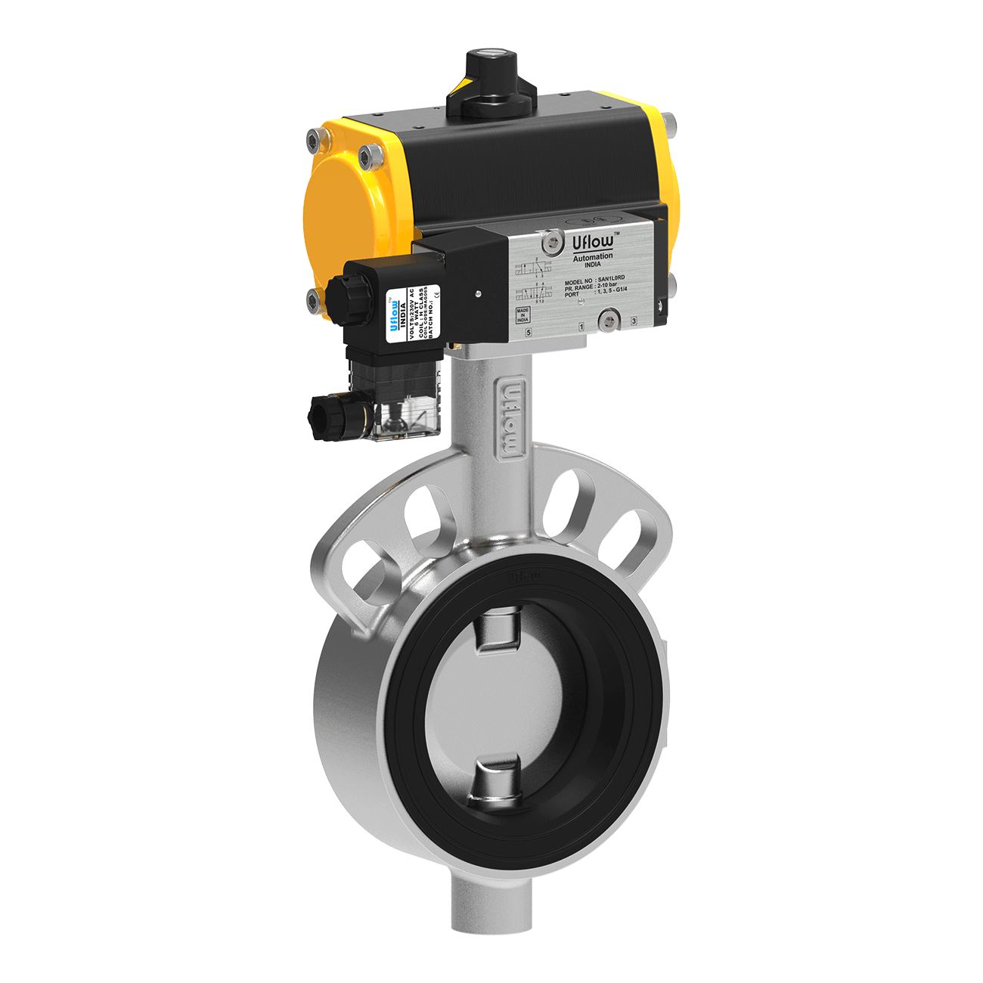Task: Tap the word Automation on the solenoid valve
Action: [593, 257]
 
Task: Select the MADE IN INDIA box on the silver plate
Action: [523, 315]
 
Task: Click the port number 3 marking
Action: [634, 321]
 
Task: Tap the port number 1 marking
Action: [581, 327]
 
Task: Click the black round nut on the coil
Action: [338, 290]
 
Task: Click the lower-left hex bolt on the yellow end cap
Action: [313, 302]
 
